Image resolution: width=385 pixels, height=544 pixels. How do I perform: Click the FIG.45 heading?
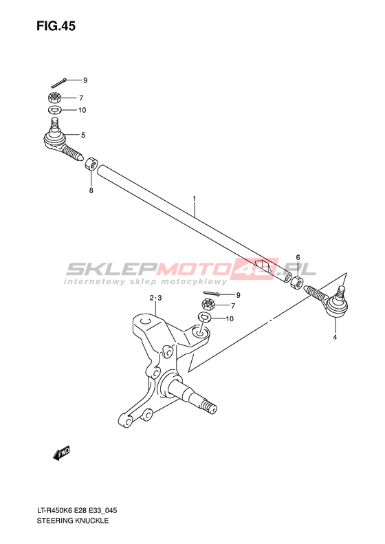point(56,26)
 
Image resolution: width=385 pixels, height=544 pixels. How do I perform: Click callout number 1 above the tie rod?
point(195,199)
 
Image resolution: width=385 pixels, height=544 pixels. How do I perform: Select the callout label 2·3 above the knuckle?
point(156,298)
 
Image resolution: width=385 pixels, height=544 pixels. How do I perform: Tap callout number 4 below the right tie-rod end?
point(335,337)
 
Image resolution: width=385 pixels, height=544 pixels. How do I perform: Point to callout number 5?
point(83,135)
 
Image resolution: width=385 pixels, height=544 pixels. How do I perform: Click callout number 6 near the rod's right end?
point(298,257)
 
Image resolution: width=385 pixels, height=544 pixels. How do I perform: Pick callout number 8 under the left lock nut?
point(91,190)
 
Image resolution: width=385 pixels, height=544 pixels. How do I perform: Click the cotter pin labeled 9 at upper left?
point(59,83)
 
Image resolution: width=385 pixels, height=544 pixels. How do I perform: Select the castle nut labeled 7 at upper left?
point(54,98)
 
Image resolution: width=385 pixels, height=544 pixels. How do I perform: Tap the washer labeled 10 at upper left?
point(54,110)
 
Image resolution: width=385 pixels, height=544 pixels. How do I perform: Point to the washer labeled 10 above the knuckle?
point(205,317)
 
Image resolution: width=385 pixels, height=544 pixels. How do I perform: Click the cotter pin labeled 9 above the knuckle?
point(212,294)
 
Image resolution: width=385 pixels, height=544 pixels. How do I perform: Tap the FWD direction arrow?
point(61,453)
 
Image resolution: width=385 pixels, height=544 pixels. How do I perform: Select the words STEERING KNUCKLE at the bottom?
point(72,521)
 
